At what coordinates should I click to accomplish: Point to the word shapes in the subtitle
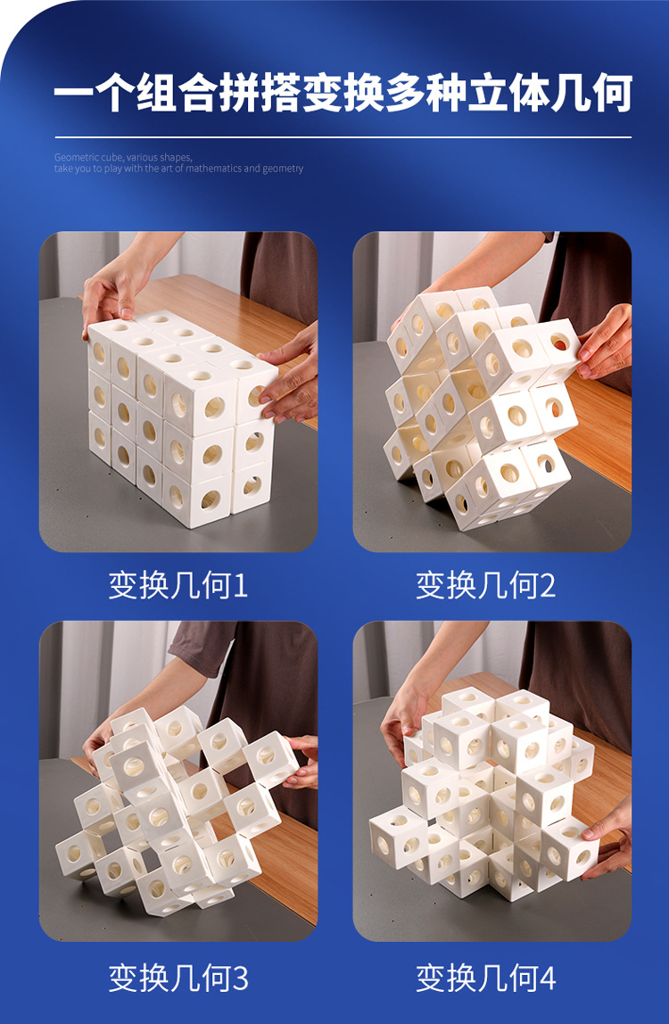coord(175,158)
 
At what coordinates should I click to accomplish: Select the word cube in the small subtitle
coord(107,158)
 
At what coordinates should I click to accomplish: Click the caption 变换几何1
coord(178,586)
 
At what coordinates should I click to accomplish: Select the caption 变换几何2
coord(485,586)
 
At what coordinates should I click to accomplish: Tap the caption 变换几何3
coord(178,978)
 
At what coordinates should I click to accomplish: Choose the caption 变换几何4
coord(485,978)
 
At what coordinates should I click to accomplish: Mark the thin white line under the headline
coord(343,137)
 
